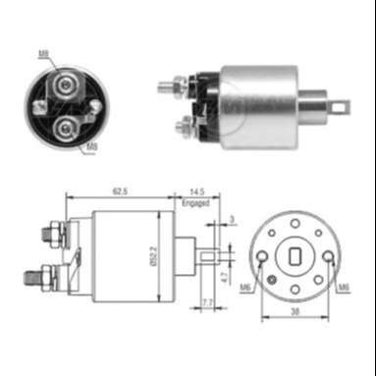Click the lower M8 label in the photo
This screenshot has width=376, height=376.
click(90, 147)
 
